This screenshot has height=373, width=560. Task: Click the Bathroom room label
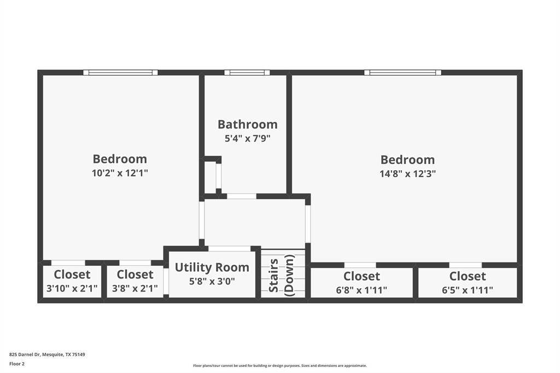[x=247, y=124]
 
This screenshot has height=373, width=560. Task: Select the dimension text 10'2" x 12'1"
[x=120, y=173]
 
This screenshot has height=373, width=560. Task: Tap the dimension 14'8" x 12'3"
[x=407, y=173]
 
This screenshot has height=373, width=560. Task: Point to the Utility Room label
[x=212, y=267]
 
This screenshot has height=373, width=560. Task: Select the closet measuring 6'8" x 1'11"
[x=361, y=283]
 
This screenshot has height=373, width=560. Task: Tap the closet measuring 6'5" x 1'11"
[x=468, y=283]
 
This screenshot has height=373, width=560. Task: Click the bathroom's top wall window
[x=247, y=72]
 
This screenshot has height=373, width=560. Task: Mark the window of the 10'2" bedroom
[x=120, y=72]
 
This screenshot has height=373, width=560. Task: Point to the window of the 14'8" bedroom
[x=403, y=72]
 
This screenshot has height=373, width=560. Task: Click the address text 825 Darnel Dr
[x=47, y=354]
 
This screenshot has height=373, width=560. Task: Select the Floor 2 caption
[x=17, y=363]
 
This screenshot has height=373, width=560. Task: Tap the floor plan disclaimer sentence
[x=279, y=365]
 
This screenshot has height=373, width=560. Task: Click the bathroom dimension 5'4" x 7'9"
[x=247, y=138]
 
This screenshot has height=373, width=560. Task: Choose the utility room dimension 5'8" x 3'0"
[x=212, y=281]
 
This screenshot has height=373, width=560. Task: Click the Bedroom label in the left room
[x=120, y=159]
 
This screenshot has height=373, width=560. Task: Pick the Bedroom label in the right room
[x=407, y=160]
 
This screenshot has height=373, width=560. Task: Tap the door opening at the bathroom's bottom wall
[x=242, y=196]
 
